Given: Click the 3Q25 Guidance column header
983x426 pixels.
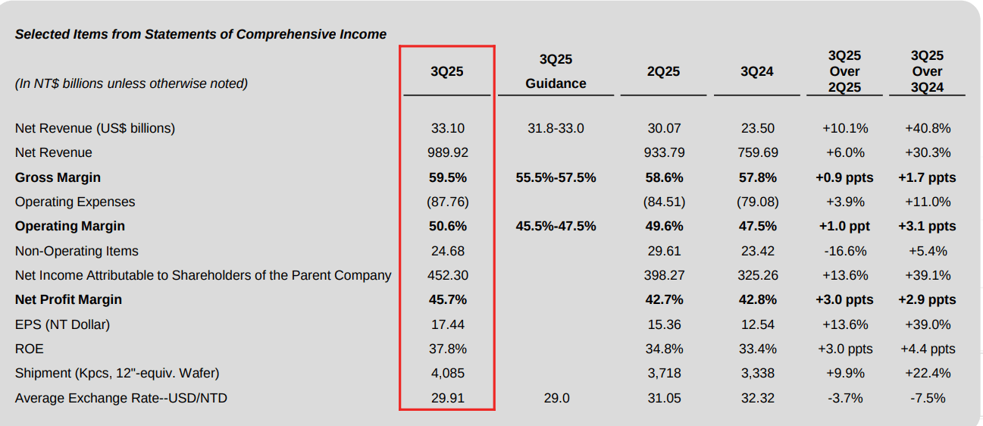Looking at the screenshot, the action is point(556,71).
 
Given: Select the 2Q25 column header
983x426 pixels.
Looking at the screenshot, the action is point(663,71).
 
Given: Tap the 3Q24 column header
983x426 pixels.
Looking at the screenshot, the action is point(757,71).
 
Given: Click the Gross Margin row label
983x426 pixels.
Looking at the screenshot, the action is point(58,177).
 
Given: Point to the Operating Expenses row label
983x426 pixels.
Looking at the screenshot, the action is point(75,202).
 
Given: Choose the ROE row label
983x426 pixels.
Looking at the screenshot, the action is point(30,349).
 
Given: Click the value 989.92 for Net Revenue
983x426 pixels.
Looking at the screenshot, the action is point(448,152).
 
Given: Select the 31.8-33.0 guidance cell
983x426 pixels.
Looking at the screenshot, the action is point(556,128).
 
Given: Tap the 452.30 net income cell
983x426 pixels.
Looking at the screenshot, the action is point(448,275).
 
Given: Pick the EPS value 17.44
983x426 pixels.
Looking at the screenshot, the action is point(448,324).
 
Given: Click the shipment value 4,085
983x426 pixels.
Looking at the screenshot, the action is point(448,373).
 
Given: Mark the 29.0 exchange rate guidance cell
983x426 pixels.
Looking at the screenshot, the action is point(556,398).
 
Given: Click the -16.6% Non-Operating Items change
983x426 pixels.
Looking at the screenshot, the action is point(845,251).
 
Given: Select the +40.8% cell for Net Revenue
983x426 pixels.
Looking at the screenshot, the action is point(928,128).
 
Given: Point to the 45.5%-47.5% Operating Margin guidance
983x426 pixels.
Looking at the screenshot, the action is point(556,226).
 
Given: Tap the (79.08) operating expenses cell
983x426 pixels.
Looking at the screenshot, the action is point(758,202).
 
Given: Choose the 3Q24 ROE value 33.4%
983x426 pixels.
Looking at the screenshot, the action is point(758,349).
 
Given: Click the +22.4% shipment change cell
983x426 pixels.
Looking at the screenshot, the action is point(928,373).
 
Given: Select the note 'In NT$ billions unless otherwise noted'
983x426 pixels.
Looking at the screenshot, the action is point(131,83).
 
